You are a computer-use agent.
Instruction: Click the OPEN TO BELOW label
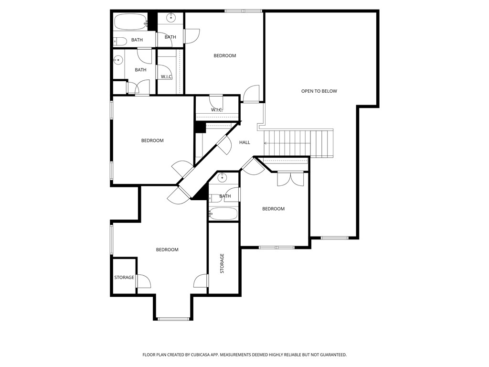tap(319, 91)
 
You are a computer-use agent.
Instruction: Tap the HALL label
tap(244, 142)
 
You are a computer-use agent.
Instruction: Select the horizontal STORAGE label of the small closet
tap(124, 278)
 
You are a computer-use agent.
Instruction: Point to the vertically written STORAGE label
tap(222, 263)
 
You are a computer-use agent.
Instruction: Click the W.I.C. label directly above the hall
tap(217, 110)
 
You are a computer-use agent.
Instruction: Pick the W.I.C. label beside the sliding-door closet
tap(166, 76)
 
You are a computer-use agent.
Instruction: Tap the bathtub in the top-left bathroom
tap(130, 22)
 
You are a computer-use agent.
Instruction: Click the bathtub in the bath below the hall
tap(223, 213)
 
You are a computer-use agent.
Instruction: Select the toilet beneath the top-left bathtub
tap(120, 41)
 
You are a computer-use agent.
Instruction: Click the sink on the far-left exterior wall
tap(118, 60)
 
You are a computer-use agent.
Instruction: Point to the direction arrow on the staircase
tap(266, 142)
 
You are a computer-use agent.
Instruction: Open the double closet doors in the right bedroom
tap(290, 179)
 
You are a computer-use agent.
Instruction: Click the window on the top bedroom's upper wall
tap(244, 11)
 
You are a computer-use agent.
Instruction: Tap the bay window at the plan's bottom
tap(173, 319)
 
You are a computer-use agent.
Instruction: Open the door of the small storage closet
tap(143, 281)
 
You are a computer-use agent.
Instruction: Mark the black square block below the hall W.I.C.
tap(200, 128)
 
